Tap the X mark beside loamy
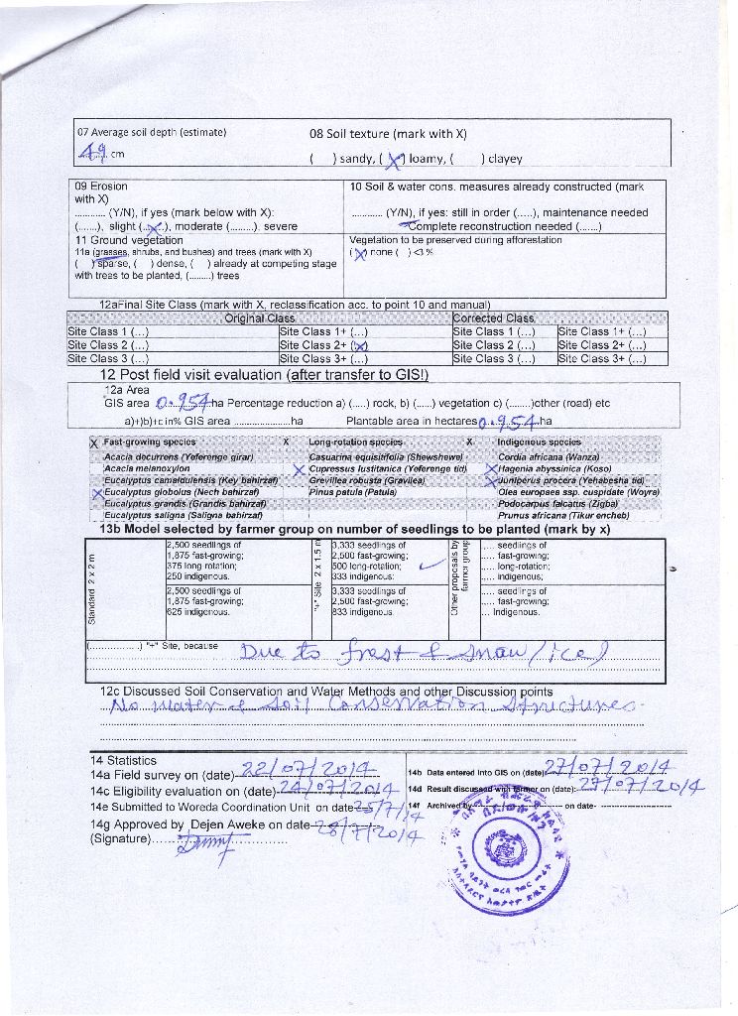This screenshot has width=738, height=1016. [395, 158]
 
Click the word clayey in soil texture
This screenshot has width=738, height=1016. [503, 158]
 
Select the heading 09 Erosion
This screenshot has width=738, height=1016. [101, 186]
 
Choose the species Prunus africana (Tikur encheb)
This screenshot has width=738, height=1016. [563, 516]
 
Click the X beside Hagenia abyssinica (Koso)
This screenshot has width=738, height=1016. [490, 468]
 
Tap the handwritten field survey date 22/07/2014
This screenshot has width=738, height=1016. [308, 769]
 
